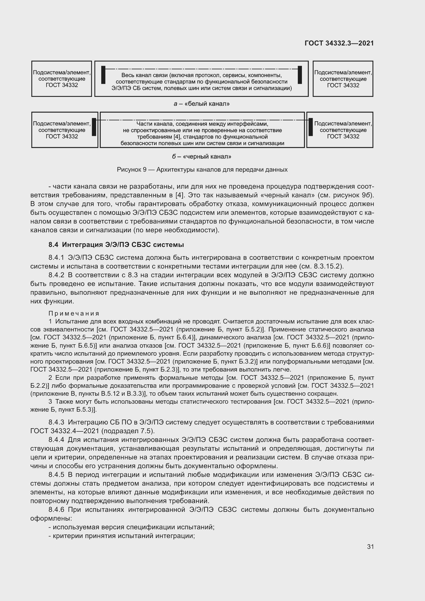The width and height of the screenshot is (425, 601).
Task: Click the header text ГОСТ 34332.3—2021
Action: click(x=339, y=43)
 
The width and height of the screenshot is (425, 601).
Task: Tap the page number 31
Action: click(x=370, y=547)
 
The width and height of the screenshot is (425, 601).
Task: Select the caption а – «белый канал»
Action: click(x=201, y=104)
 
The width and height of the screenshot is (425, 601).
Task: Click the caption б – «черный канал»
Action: click(x=201, y=156)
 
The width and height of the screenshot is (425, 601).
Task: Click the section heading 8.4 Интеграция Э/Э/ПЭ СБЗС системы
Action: click(x=116, y=245)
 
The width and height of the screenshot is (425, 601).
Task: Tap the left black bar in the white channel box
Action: click(x=103, y=75)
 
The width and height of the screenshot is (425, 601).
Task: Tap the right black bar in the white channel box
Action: click(x=300, y=75)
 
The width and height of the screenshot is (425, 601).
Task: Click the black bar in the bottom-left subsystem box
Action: click(x=94, y=127)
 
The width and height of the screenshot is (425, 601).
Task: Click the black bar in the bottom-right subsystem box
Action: click(x=311, y=127)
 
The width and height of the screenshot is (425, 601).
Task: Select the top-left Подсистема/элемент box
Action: click(x=62, y=79)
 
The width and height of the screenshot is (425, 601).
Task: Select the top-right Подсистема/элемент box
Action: click(x=343, y=79)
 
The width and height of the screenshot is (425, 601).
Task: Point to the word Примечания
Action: click(x=74, y=313)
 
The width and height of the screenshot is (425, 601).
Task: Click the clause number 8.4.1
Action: click(x=56, y=258)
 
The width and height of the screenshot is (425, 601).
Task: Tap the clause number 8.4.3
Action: click(x=56, y=422)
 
